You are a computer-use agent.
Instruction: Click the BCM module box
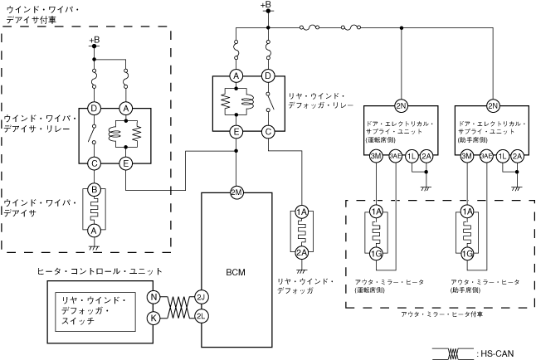tap(236, 274)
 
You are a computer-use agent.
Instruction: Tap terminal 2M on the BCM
tap(236, 192)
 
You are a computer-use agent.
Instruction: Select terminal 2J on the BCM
tap(201, 297)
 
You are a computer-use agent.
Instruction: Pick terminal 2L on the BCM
tap(201, 316)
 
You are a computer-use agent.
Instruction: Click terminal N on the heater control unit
tap(153, 297)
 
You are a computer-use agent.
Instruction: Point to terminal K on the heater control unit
tap(153, 316)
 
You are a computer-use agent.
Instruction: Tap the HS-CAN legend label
tap(498, 353)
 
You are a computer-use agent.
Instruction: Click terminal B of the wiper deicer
tap(95, 191)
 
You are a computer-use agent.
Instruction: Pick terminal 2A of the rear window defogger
tap(302, 252)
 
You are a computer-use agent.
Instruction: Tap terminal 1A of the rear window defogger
tap(302, 212)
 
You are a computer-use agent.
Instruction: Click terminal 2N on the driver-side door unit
tap(401, 106)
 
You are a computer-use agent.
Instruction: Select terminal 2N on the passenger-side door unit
tap(493, 106)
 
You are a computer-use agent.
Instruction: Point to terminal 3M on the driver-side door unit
tap(376, 155)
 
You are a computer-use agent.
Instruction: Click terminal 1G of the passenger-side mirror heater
tap(468, 253)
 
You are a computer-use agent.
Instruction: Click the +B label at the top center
tap(266, 6)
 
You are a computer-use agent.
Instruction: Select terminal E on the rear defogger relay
tap(236, 131)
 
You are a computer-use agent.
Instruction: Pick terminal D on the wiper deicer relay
tap(95, 109)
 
